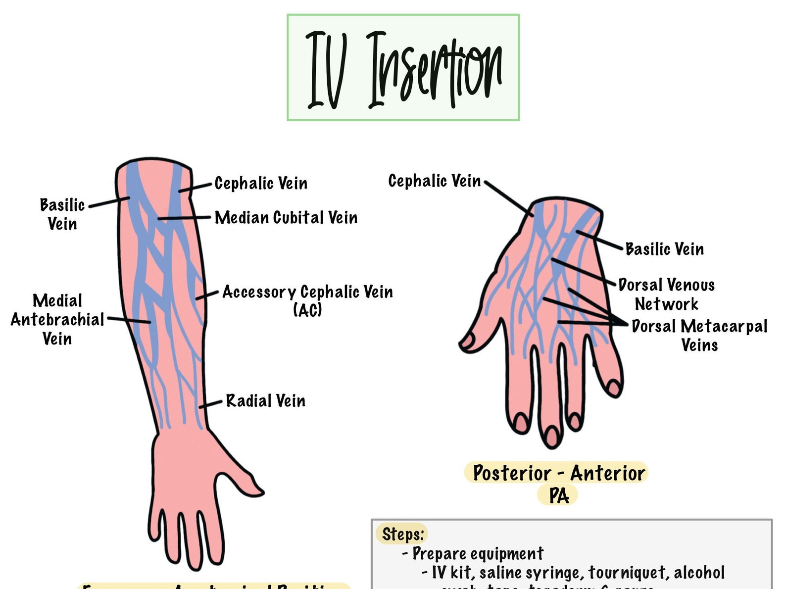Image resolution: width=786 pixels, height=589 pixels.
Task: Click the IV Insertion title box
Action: tap(403, 67)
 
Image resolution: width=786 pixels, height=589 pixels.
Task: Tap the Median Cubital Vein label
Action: tap(286, 217)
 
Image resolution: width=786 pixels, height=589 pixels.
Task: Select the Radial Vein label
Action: tap(265, 400)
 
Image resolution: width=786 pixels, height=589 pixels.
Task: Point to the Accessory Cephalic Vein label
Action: tap(307, 292)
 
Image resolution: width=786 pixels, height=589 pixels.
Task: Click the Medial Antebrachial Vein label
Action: tap(57, 319)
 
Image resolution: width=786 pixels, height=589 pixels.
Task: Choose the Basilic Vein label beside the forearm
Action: tap(62, 214)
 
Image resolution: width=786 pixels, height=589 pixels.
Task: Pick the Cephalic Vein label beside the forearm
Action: tap(261, 183)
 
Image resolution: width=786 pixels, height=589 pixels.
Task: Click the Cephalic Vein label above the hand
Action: tap(434, 181)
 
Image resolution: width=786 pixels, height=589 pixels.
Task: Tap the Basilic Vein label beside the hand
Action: tap(664, 248)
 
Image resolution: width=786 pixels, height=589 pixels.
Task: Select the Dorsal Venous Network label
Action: tap(666, 294)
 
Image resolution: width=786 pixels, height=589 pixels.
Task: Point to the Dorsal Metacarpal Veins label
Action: tap(699, 335)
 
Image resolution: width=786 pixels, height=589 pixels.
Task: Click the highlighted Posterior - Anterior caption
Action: tap(558, 473)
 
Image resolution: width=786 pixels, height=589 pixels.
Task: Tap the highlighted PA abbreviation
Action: tap(559, 495)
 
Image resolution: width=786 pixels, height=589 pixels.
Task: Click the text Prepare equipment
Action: tap(478, 553)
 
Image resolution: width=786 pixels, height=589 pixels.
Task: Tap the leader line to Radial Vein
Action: tap(211, 403)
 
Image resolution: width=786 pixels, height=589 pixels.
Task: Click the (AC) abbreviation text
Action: tap(307, 310)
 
